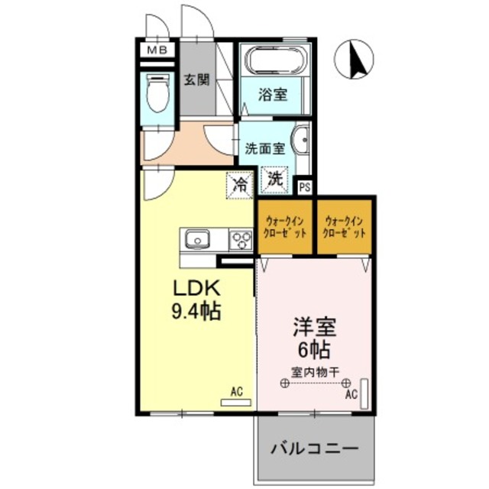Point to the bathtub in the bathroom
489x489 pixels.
274,58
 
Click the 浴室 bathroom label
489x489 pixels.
273,95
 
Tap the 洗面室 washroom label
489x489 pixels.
264,148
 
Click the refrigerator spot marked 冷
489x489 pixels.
240,184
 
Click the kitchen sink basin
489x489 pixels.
197,240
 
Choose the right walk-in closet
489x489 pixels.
345,226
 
